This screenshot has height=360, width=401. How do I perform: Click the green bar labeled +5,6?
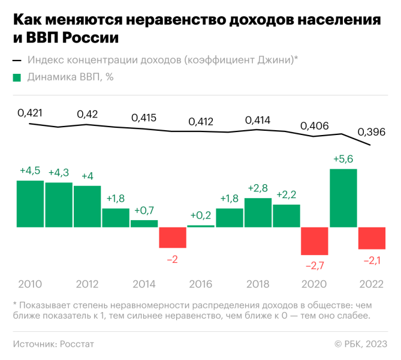click(x=343, y=198)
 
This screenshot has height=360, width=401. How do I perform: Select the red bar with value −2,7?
click(x=315, y=241)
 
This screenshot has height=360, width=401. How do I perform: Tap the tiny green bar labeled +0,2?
click(x=201, y=226)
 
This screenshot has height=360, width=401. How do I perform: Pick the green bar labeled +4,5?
click(x=30, y=203)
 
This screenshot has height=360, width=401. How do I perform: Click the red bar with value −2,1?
click(x=372, y=238)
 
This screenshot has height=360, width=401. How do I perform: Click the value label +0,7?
click(x=144, y=211)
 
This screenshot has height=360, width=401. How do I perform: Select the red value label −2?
click(x=173, y=259)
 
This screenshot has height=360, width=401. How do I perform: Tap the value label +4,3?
click(x=59, y=173)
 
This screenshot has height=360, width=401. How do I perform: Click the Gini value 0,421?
click(x=30, y=112)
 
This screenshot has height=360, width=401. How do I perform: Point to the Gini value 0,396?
click(x=372, y=131)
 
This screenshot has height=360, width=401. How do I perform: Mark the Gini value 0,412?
click(x=201, y=122)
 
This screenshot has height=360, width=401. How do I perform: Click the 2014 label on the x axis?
click(x=144, y=284)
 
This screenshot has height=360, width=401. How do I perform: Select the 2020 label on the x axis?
click(x=315, y=284)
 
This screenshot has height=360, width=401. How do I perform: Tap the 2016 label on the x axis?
click(x=201, y=284)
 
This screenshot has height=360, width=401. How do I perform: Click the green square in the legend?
click(x=17, y=77)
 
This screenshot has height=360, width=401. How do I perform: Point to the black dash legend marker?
click(x=17, y=60)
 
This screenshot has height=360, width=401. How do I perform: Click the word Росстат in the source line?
click(x=76, y=344)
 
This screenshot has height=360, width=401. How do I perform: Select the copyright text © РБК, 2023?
click(x=360, y=344)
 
